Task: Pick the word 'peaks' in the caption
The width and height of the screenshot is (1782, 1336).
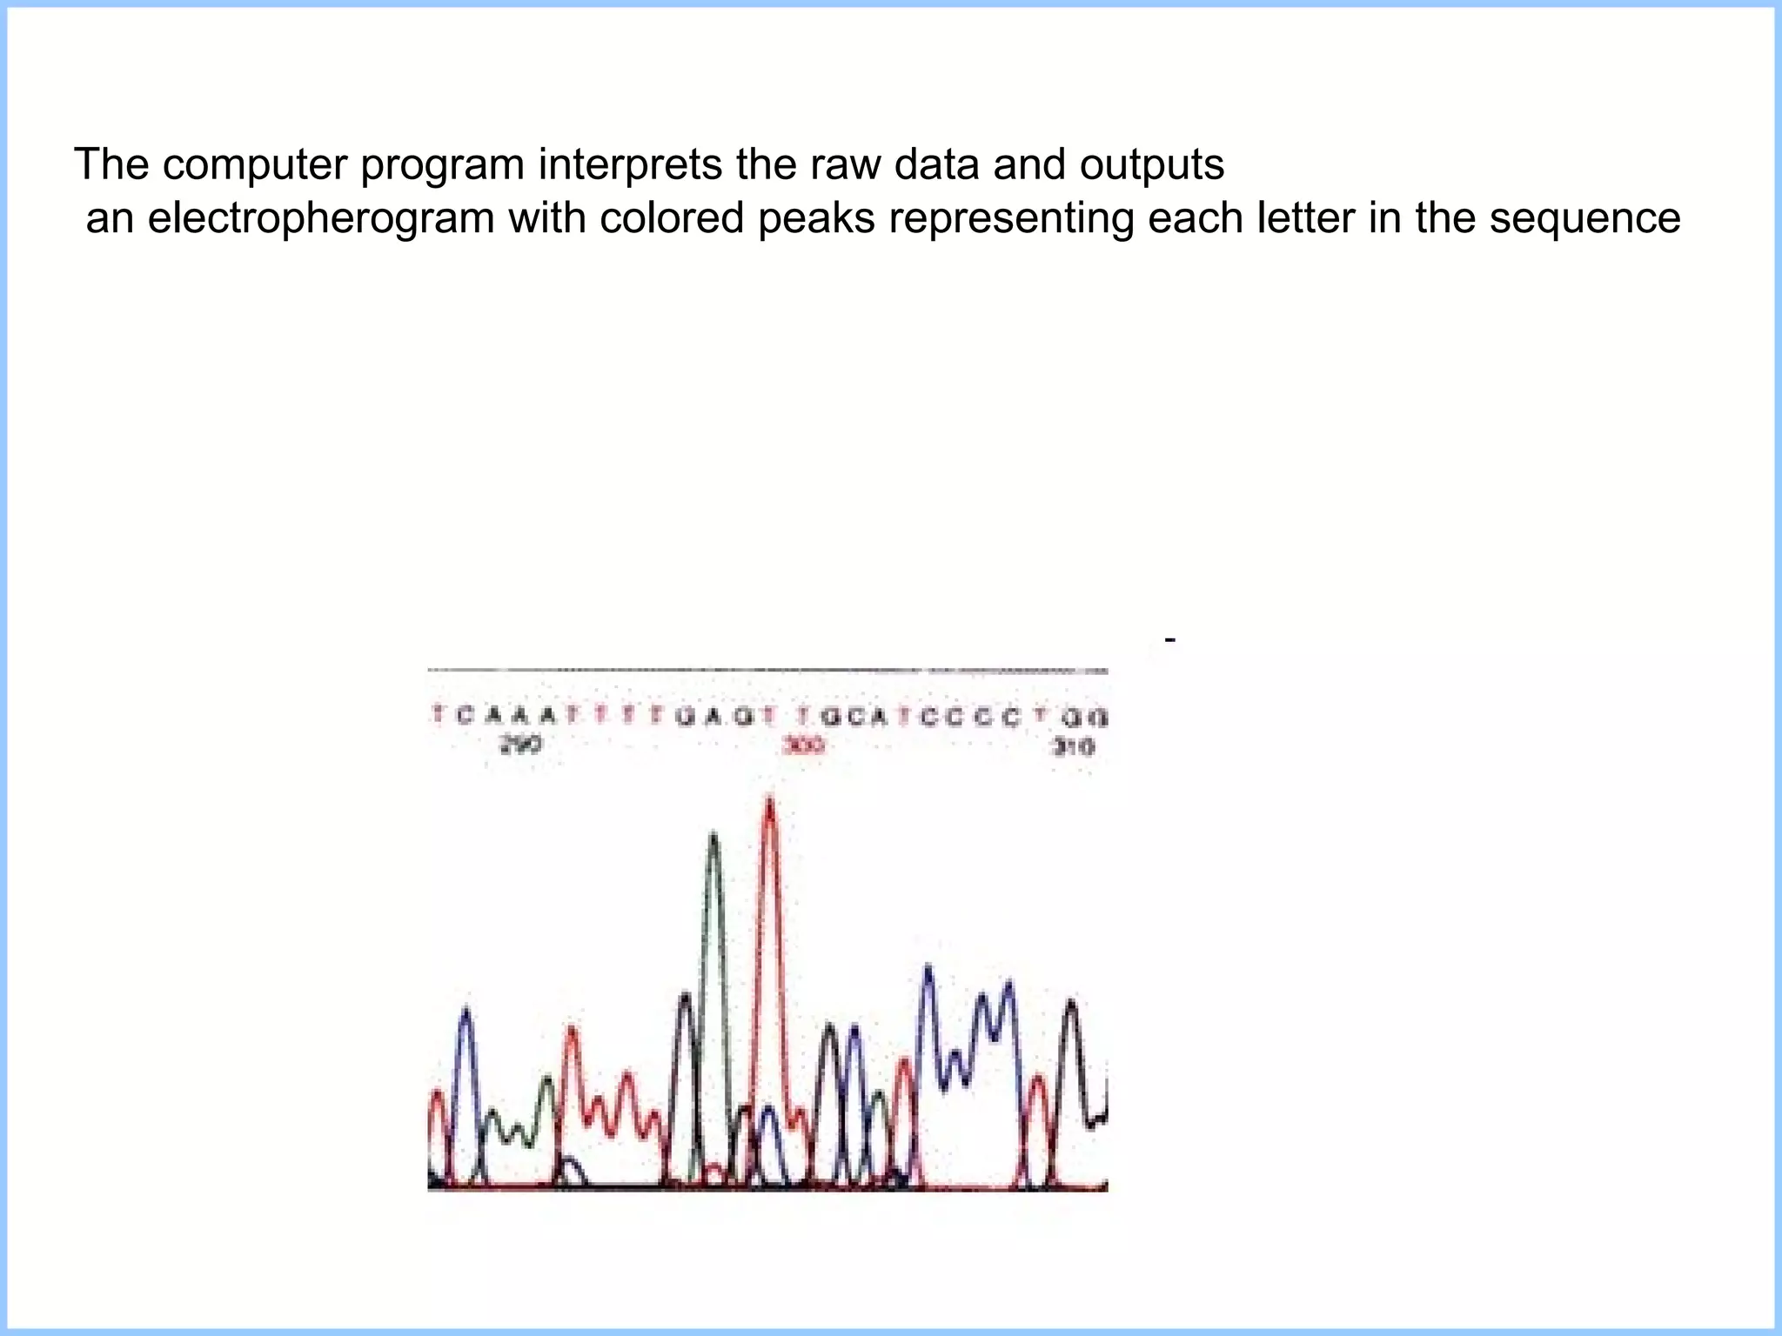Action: (x=816, y=218)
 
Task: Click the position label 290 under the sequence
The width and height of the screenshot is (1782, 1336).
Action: (x=520, y=745)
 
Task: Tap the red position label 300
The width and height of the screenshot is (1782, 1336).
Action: (x=803, y=745)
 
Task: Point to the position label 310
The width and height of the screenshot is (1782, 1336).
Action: (x=1074, y=746)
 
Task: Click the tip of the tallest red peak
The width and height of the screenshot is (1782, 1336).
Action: (x=769, y=798)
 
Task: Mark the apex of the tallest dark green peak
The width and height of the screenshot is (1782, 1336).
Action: (x=713, y=835)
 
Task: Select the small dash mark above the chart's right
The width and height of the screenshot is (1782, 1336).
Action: (x=1170, y=640)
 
